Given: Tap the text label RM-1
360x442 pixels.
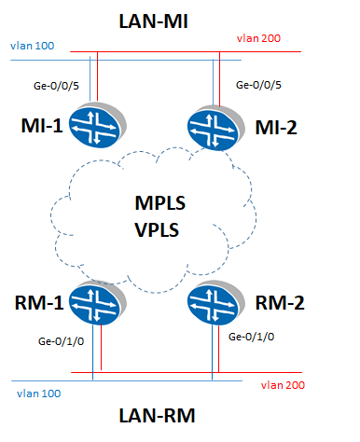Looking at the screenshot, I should pos(41,303).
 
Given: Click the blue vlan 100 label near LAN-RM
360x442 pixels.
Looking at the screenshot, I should pos(38,394).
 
